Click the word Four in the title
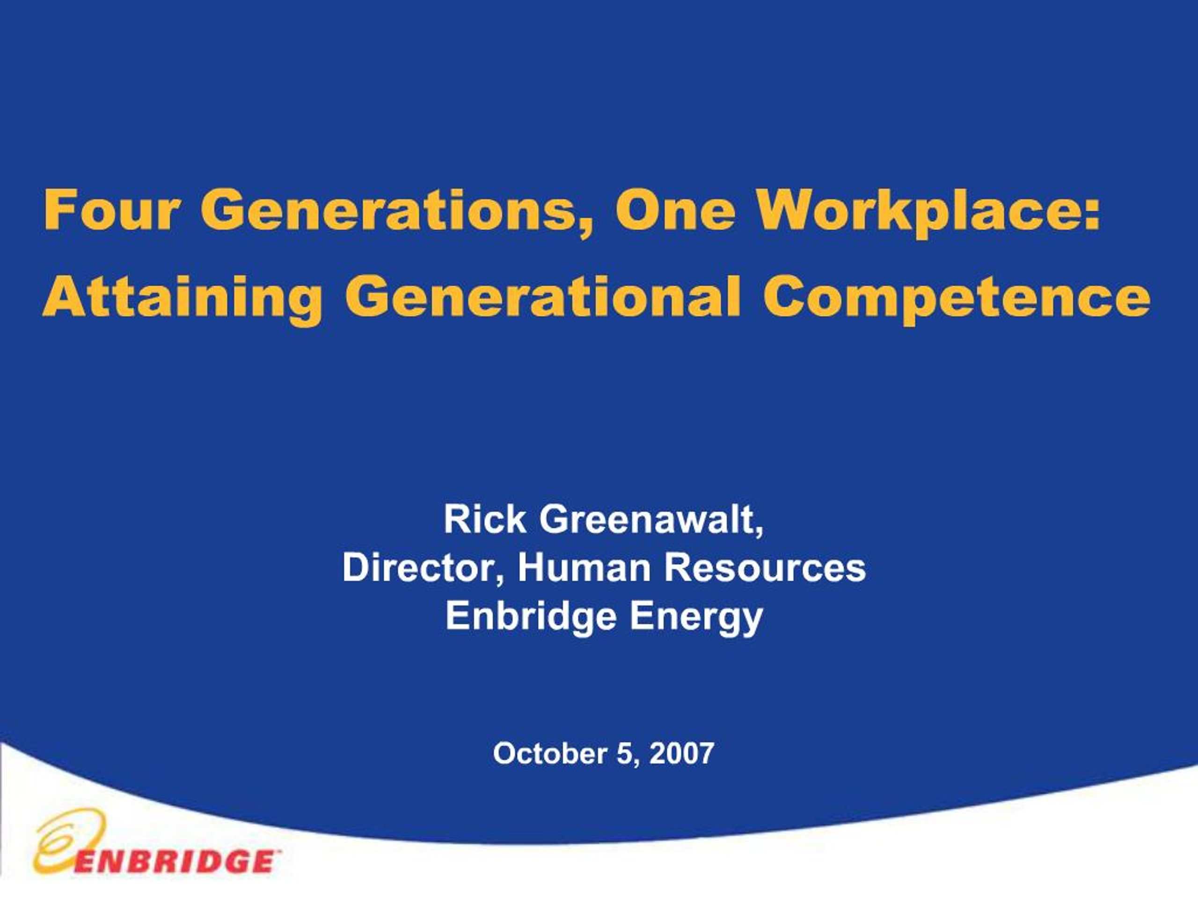pos(110,210)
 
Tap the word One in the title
pos(675,210)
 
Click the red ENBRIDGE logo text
pos(173,861)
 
